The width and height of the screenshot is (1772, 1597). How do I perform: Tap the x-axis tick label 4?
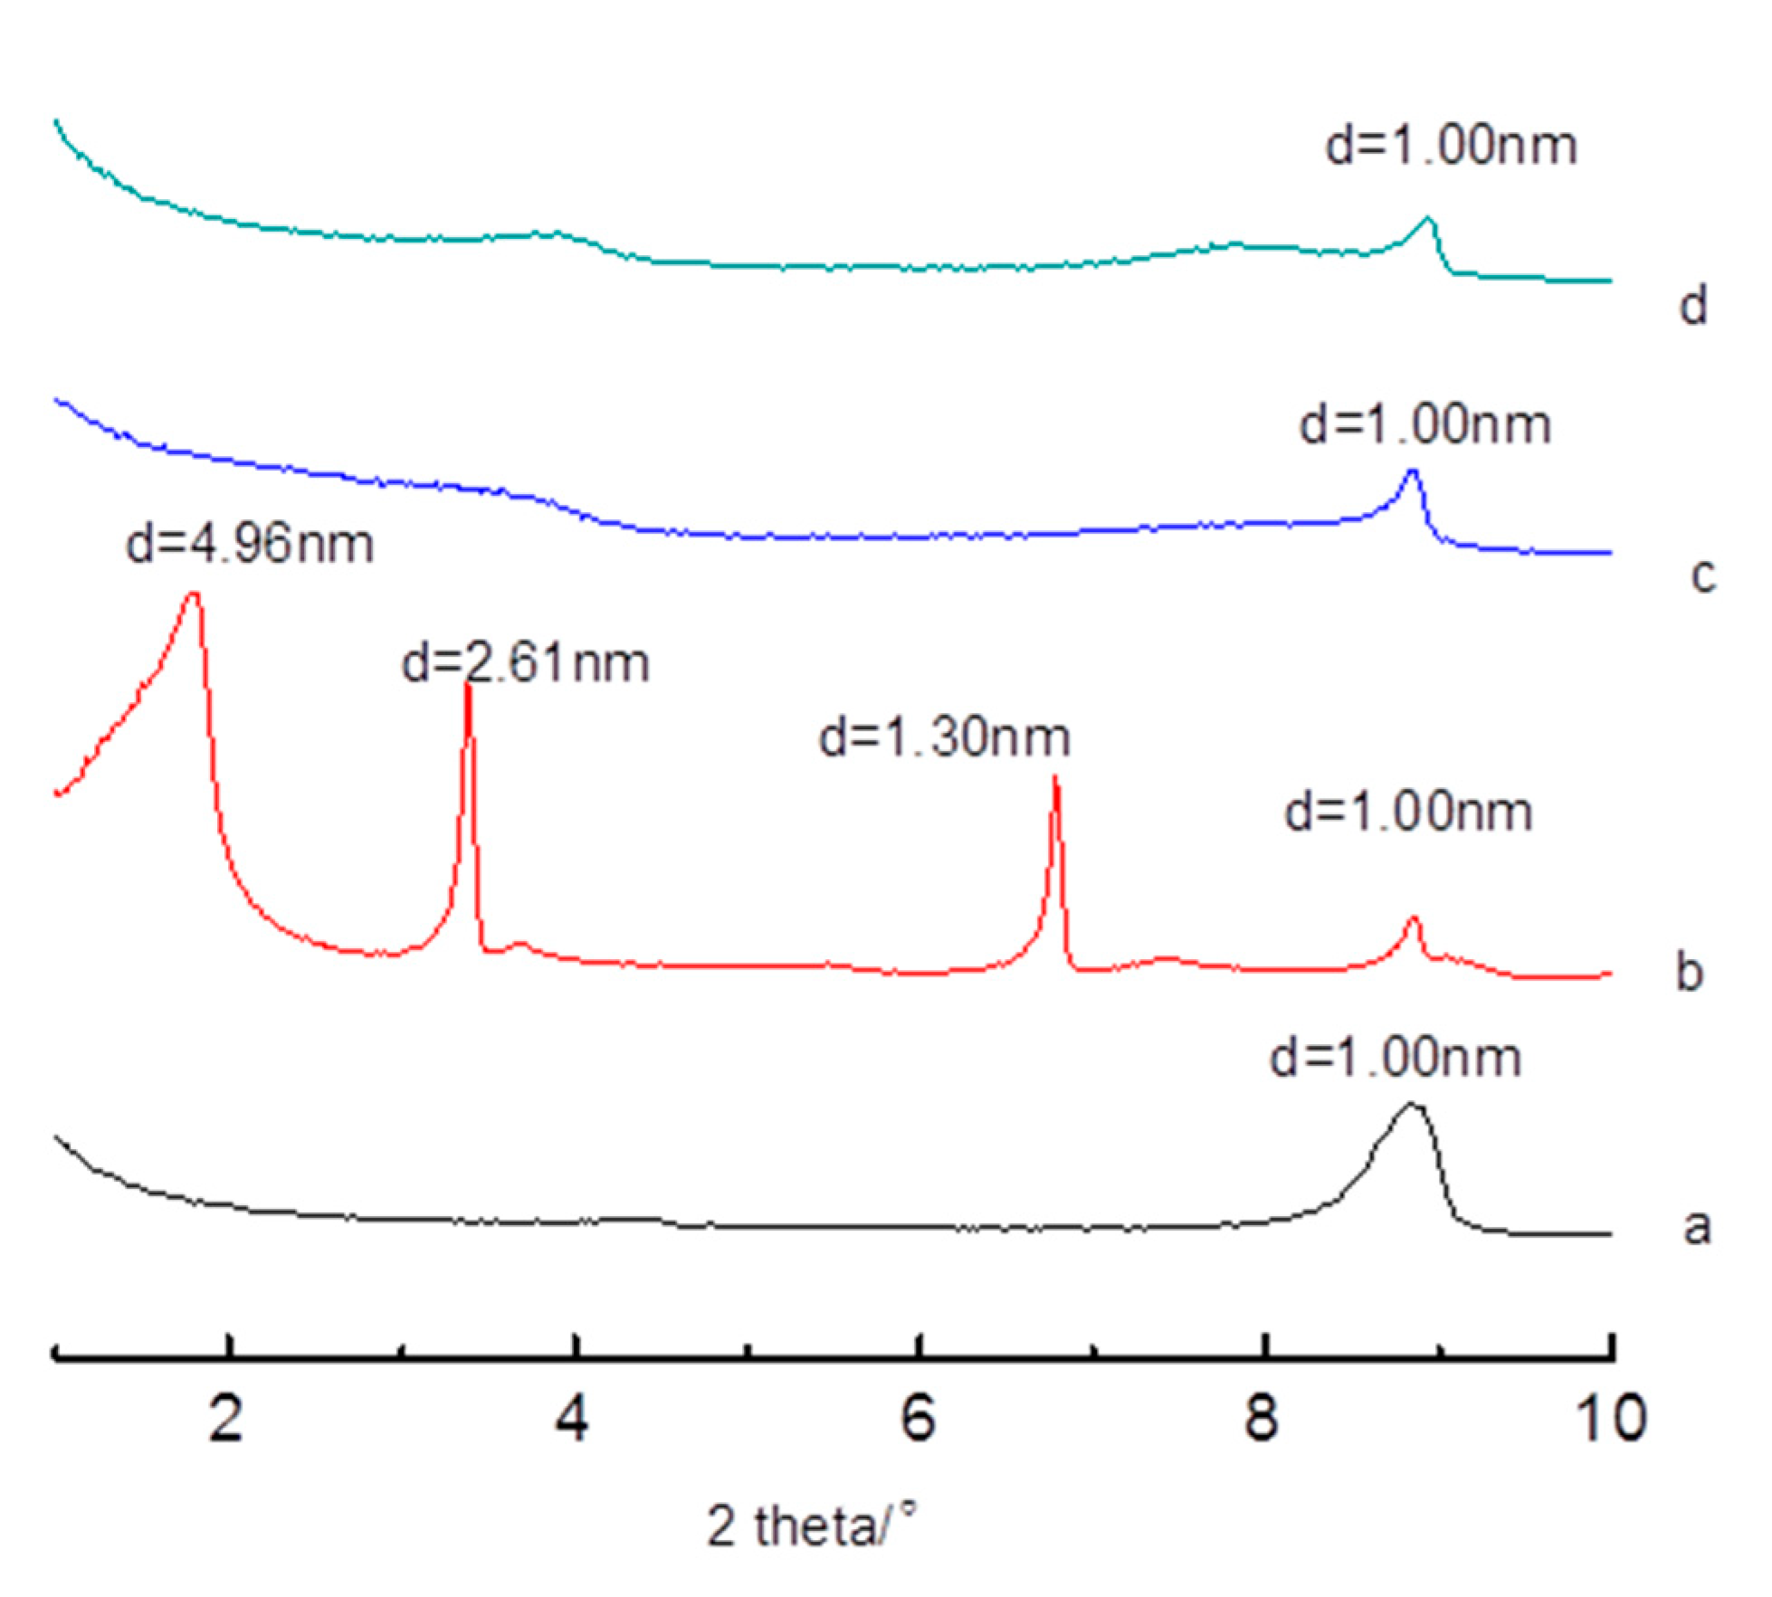coord(572,1419)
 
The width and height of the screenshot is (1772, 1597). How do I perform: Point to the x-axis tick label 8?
coord(1261,1419)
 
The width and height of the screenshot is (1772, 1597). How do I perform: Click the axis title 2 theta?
coord(809,1529)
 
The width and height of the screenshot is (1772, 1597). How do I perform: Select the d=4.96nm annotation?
coord(250,545)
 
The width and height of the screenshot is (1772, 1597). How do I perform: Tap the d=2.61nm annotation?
coord(526,663)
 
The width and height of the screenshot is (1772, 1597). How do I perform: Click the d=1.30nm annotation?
coord(945,737)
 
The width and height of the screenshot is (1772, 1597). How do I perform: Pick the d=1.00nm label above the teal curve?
coord(1451,146)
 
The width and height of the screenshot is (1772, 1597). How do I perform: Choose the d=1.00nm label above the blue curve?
coord(1425,424)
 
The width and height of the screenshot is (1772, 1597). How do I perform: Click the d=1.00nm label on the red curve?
coord(1409,812)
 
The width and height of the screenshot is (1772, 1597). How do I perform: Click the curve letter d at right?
coord(1692,306)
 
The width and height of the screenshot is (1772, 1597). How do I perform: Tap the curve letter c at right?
coord(1703,576)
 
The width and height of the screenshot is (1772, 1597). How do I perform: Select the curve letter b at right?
coord(1689,972)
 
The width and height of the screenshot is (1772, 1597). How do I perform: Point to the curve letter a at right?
coord(1696,1227)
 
